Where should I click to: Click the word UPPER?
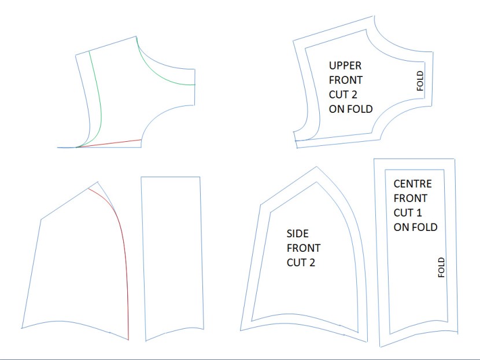(x=345, y=65)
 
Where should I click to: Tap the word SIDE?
(x=298, y=234)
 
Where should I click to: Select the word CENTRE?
(x=413, y=184)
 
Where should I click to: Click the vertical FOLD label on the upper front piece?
(x=420, y=81)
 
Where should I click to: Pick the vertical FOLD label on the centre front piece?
(x=441, y=267)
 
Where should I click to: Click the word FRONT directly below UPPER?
(x=346, y=79)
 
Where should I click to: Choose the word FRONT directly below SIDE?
(x=304, y=248)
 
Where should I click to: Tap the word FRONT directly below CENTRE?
(x=410, y=199)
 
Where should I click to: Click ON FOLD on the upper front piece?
(x=350, y=108)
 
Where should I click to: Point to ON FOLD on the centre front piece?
(x=415, y=227)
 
